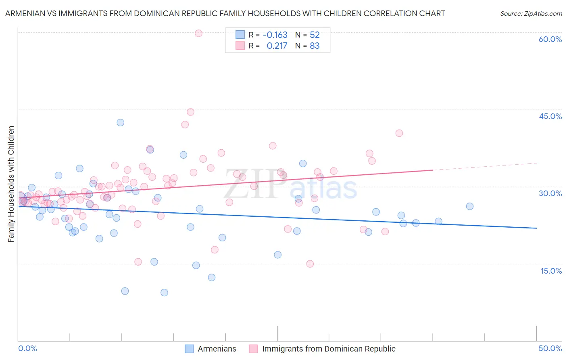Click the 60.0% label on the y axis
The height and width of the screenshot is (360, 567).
(550, 40)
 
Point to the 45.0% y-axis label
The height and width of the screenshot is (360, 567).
(550, 116)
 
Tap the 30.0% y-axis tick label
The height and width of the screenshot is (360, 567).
(550, 193)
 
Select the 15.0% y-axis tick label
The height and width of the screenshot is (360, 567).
(551, 271)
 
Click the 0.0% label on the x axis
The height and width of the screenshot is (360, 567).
(27, 348)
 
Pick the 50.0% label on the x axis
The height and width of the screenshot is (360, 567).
(550, 348)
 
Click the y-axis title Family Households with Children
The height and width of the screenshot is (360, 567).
(11, 184)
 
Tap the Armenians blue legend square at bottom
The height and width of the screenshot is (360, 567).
(190, 349)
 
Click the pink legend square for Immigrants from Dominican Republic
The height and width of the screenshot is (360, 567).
(253, 349)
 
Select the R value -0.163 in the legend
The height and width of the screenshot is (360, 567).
(275, 35)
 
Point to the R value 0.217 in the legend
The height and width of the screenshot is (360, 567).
(277, 46)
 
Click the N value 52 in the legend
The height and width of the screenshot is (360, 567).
(315, 35)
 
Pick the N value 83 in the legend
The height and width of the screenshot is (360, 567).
(315, 46)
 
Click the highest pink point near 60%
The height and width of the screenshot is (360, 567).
(198, 33)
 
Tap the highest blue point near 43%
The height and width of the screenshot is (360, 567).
(120, 123)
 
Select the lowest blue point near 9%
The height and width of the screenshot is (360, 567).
(164, 293)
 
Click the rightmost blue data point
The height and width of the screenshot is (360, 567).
(469, 206)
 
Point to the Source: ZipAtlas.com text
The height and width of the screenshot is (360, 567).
(531, 14)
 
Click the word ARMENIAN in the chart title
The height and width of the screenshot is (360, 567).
(25, 14)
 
